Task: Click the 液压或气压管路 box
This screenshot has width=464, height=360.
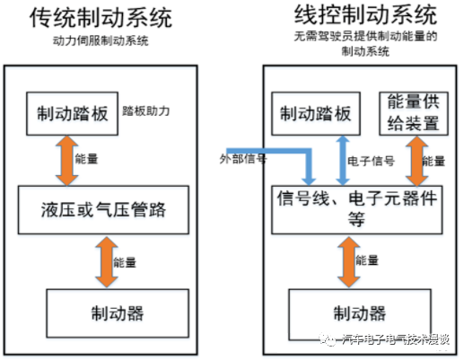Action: pos(109,210)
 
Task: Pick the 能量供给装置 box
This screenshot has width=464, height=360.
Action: pos(413,111)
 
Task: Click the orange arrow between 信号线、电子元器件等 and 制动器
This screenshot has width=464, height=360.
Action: pos(345,261)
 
